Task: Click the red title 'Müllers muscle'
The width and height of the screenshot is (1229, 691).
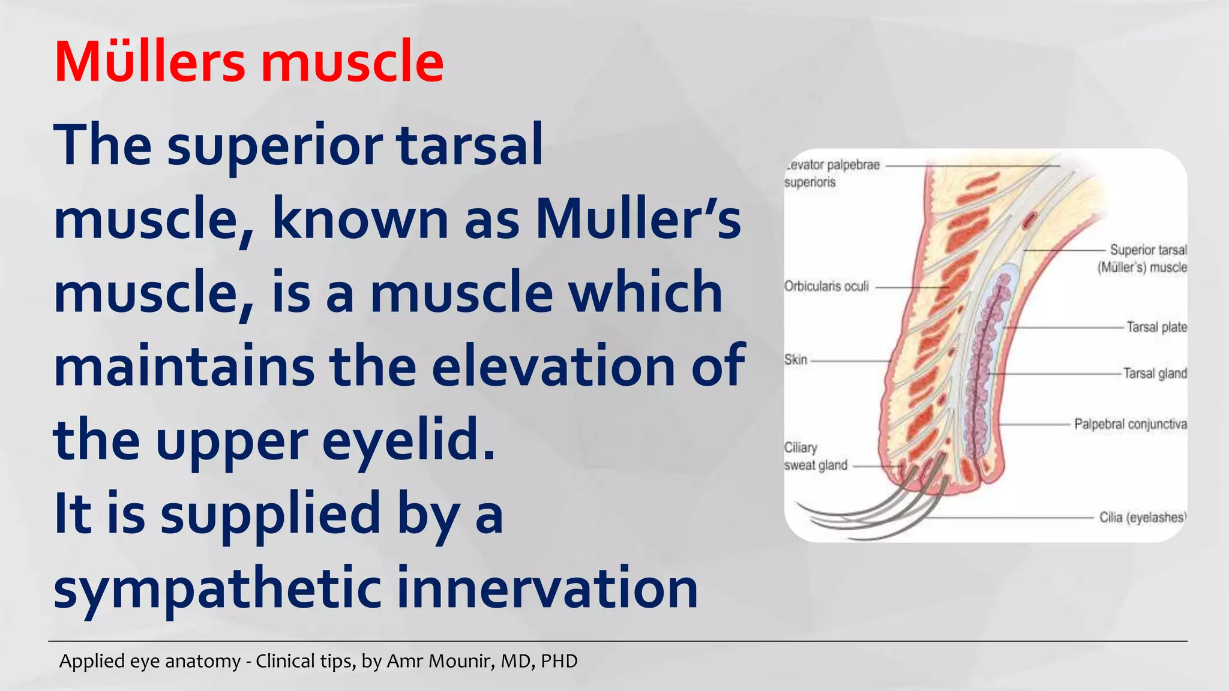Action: pyautogui.click(x=249, y=62)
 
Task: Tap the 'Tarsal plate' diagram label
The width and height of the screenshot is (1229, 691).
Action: pyautogui.click(x=1156, y=328)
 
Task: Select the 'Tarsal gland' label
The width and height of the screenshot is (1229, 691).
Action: pyautogui.click(x=1155, y=374)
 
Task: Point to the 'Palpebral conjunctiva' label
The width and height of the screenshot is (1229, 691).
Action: pyautogui.click(x=1130, y=425)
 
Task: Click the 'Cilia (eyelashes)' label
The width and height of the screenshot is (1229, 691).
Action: pyautogui.click(x=1142, y=518)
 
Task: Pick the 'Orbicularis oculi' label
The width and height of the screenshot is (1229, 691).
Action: pyautogui.click(x=826, y=287)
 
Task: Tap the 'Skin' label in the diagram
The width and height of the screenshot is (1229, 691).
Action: pyautogui.click(x=796, y=360)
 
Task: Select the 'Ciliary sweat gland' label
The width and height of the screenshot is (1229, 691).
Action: pyautogui.click(x=816, y=457)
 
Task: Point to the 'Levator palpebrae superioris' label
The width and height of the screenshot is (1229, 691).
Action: pyautogui.click(x=832, y=173)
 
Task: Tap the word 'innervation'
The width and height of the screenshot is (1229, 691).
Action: pyautogui.click(x=547, y=588)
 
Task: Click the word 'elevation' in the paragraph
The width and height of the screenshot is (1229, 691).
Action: pyautogui.click(x=553, y=366)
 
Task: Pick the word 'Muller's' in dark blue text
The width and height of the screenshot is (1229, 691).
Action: pyautogui.click(x=638, y=219)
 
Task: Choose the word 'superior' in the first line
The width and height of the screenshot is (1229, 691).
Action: pyautogui.click(x=275, y=146)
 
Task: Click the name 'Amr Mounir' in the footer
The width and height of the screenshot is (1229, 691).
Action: pyautogui.click(x=440, y=661)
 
